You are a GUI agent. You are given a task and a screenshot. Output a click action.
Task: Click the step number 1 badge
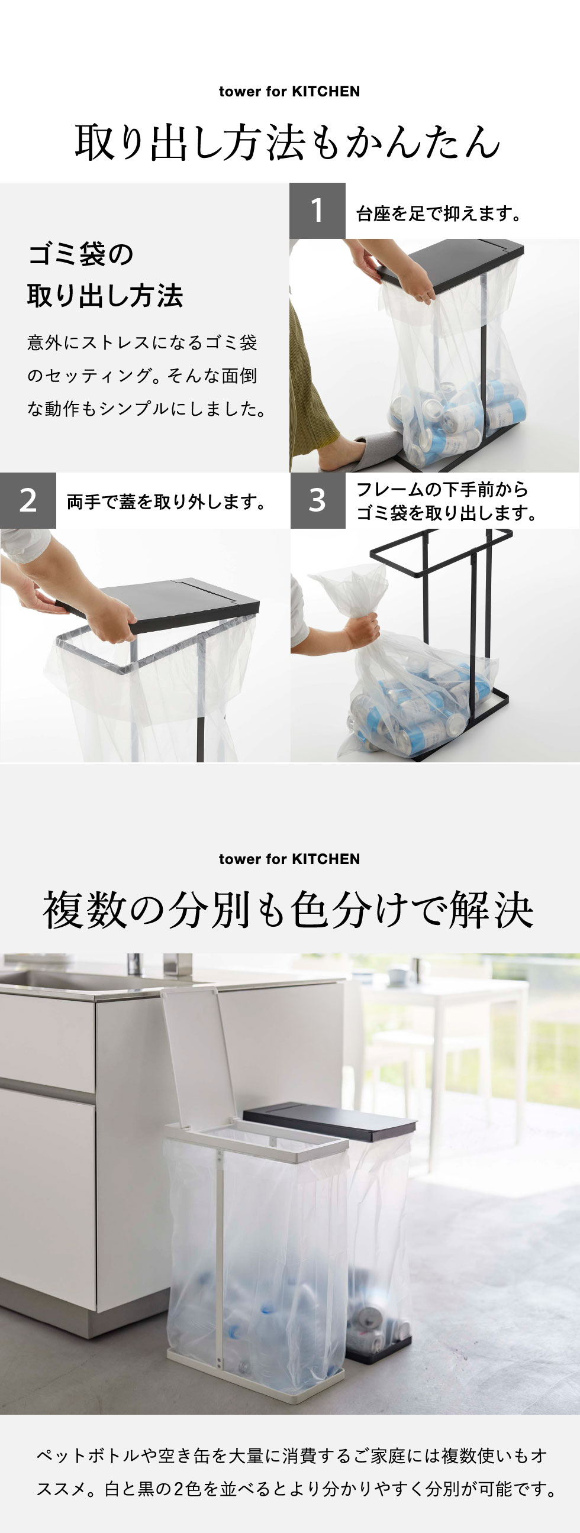coord(317,211)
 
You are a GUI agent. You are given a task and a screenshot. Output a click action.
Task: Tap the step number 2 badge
coord(28,500)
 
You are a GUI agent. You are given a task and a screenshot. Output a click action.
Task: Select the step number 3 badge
coord(318,500)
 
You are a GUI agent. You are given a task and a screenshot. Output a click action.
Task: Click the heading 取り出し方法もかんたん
coord(288,143)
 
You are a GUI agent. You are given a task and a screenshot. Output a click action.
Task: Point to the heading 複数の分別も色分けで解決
coord(288,910)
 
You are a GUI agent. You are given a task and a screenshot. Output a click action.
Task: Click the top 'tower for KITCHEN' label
coord(289,92)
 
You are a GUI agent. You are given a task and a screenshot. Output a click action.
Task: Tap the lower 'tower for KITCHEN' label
coord(289,859)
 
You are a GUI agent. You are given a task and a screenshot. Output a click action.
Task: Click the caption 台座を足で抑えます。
coord(440,213)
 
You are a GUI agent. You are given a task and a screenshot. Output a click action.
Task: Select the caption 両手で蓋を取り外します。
coord(166,502)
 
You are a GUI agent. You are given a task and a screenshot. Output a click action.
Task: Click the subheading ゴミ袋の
coord(81,254)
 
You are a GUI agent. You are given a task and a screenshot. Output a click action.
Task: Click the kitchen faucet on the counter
coord(136,964)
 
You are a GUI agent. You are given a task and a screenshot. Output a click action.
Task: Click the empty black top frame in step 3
coord(441,550)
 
